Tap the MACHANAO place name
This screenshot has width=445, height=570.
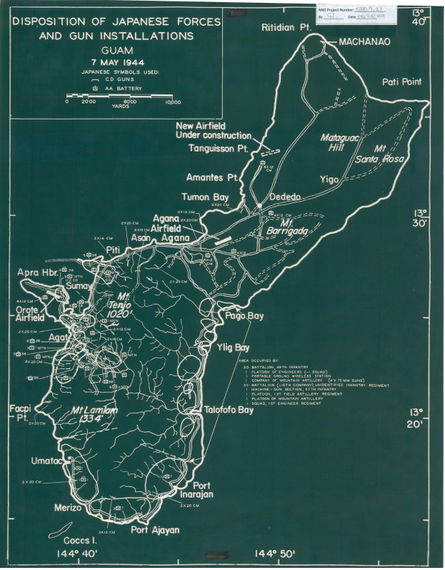[364, 42]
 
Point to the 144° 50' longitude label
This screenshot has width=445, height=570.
[275, 554]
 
